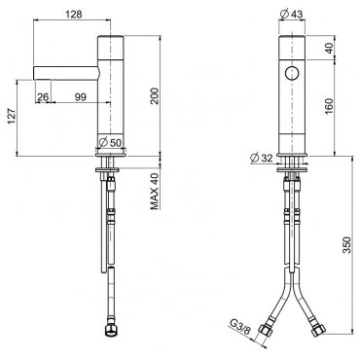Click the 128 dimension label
(74, 14)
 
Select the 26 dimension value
(43, 96)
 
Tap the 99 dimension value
(81, 96)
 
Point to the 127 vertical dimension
(12, 117)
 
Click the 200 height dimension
(155, 95)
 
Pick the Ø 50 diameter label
(110, 142)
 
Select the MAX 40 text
(155, 191)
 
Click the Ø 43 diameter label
(291, 14)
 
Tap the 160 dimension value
(328, 106)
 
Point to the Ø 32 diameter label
(262, 158)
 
